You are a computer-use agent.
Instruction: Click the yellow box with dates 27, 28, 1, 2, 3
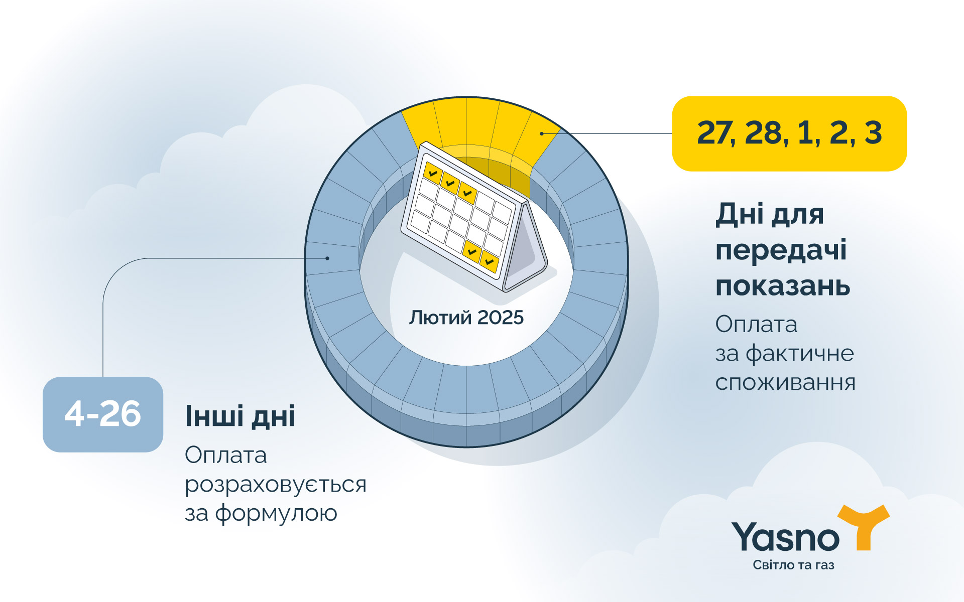(789, 133)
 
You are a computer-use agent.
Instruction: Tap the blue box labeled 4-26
(103, 414)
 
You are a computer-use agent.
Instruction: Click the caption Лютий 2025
(466, 318)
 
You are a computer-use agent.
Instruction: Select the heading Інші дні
(240, 416)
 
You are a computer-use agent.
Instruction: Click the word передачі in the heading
(781, 250)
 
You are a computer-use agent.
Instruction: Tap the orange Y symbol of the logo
(864, 527)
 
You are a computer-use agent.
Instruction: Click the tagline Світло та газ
(793, 565)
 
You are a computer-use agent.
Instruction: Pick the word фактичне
(800, 354)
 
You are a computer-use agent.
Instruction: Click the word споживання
(785, 383)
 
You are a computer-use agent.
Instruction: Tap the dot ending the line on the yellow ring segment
(542, 133)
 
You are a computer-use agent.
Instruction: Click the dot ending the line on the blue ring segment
(327, 258)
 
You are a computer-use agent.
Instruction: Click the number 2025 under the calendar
(500, 318)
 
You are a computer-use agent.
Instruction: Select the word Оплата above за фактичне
(756, 325)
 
